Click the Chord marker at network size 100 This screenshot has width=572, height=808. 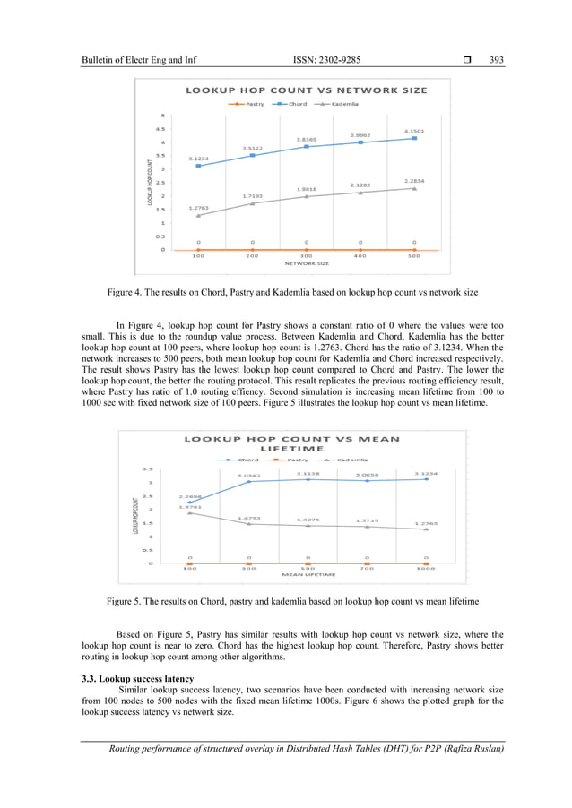coord(198,166)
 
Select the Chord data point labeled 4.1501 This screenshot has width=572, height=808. coord(414,138)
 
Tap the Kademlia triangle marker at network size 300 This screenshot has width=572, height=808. coord(307,196)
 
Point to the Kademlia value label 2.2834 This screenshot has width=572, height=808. coord(414,180)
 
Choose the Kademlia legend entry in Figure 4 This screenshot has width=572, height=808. coord(339,104)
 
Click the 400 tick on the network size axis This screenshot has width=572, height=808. coord(360,255)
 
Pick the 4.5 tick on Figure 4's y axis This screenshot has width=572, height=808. coord(162,128)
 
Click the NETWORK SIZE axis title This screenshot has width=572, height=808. coord(307,264)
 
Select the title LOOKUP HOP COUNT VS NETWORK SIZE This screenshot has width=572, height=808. coord(307,90)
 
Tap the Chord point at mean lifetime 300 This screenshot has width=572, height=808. coord(248,482)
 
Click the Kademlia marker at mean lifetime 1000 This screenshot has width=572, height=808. coord(426,529)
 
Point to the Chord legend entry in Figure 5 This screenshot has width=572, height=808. coord(243,460)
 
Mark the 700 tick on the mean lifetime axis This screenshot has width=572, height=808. coord(367,568)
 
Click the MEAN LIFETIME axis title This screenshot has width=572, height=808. coord(308,574)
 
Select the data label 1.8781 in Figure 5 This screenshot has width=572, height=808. coord(189,506)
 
